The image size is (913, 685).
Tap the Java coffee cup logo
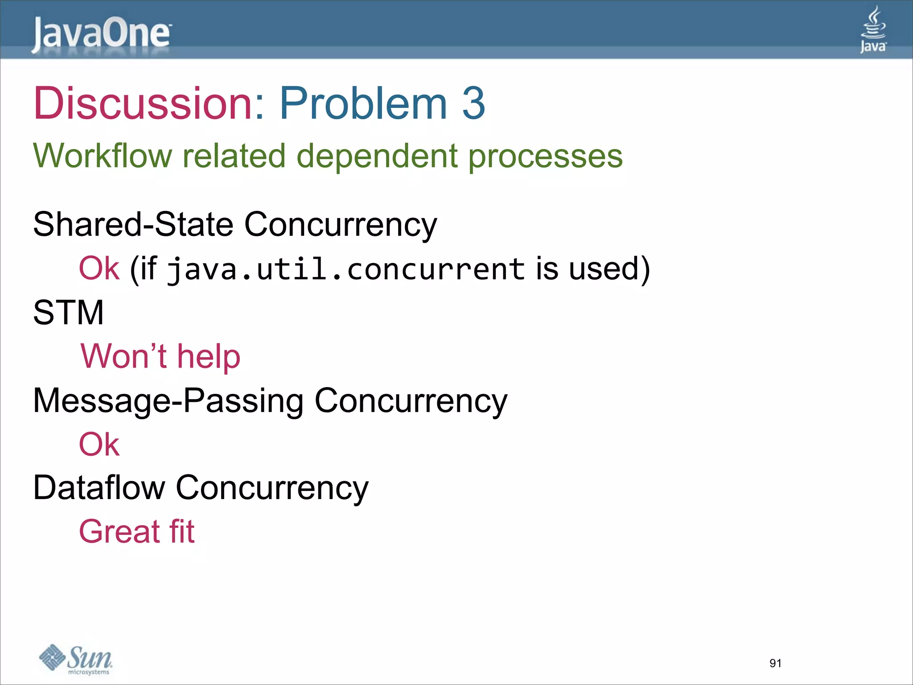click(x=873, y=29)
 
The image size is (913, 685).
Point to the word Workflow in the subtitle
click(x=103, y=156)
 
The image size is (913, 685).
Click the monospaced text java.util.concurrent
click(x=346, y=269)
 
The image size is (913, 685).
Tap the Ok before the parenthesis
click(x=99, y=268)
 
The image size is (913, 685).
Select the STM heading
click(x=68, y=312)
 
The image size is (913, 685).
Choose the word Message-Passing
click(x=169, y=400)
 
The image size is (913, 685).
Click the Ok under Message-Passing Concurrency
click(x=99, y=444)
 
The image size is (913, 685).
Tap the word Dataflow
click(x=99, y=487)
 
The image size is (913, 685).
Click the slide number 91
click(x=775, y=663)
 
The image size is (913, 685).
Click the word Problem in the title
click(x=363, y=103)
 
